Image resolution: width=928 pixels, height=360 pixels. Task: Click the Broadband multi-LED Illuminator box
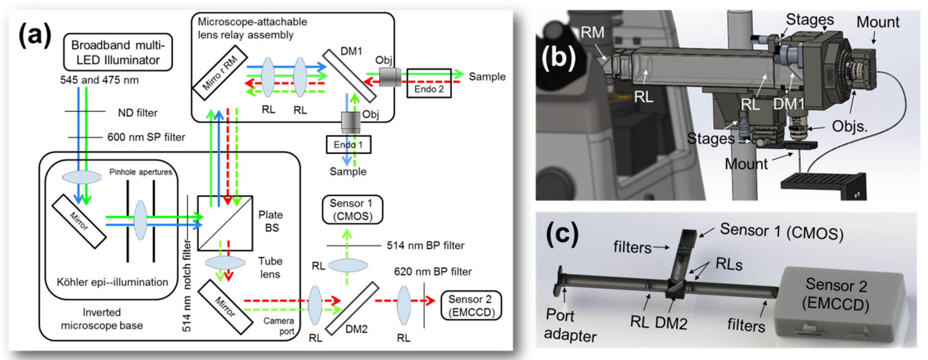pyautogui.click(x=118, y=52)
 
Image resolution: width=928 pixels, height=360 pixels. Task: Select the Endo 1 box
pyautogui.click(x=348, y=144)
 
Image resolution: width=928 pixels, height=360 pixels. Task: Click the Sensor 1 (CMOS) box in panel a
pyautogui.click(x=352, y=210)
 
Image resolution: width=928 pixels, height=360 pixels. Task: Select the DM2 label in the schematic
pyautogui.click(x=356, y=329)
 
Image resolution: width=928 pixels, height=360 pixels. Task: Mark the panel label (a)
pyautogui.click(x=35, y=35)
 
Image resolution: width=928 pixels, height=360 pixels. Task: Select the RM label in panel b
pyautogui.click(x=592, y=33)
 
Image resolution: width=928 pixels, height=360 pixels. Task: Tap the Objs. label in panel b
pyautogui.click(x=849, y=127)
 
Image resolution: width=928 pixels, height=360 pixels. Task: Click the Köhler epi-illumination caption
pyautogui.click(x=112, y=282)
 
